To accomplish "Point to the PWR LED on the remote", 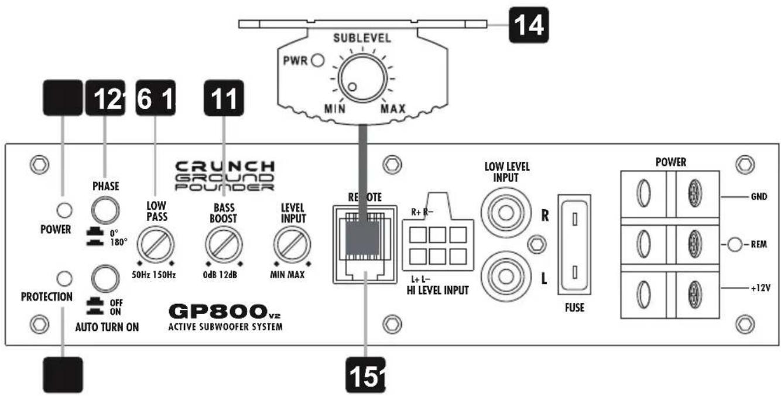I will tap(319, 60).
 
